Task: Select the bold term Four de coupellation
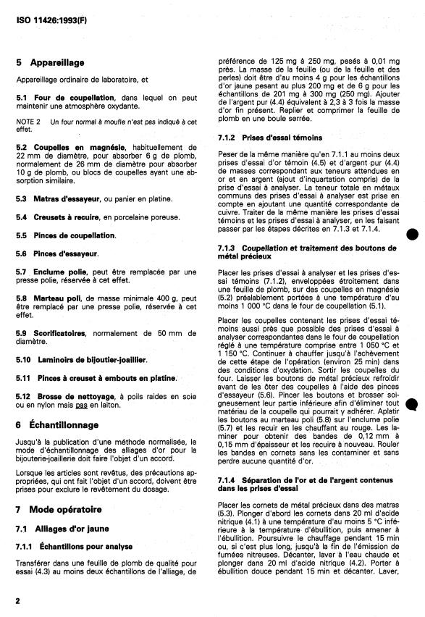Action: [75, 97]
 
